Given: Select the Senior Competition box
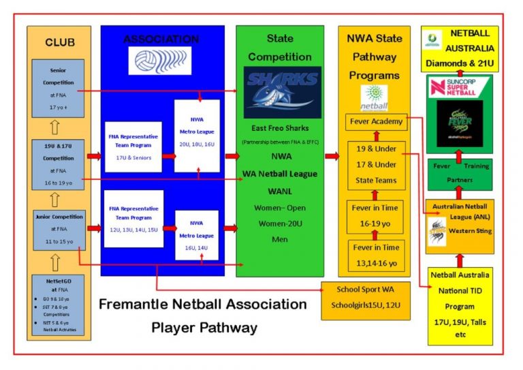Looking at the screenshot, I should pyautogui.click(x=58, y=88).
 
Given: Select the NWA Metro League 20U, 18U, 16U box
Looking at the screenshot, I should pyautogui.click(x=197, y=136).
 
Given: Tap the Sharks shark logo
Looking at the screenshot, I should pyautogui.click(x=282, y=92).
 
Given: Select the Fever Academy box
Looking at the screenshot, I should pyautogui.click(x=377, y=123).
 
